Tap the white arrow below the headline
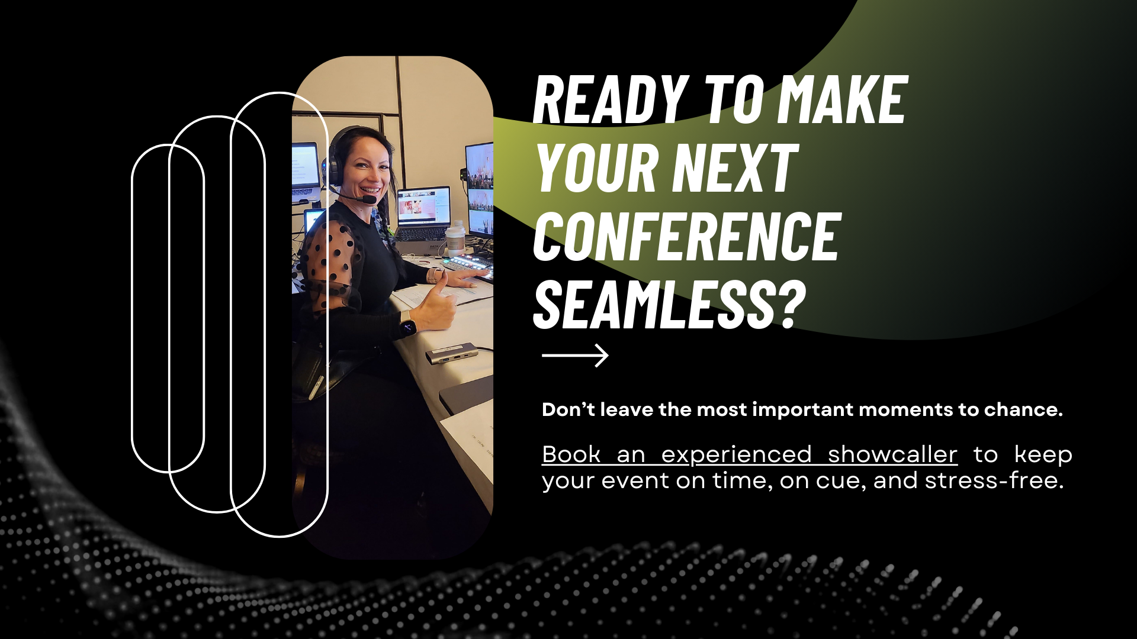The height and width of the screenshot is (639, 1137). click(575, 356)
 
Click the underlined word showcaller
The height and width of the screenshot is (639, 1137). click(892, 454)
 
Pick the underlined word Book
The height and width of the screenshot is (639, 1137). click(571, 454)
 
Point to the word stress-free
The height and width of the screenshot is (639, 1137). click(994, 480)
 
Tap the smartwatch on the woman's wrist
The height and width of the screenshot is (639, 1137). click(407, 325)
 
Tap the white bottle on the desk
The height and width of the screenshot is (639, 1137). click(455, 238)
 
